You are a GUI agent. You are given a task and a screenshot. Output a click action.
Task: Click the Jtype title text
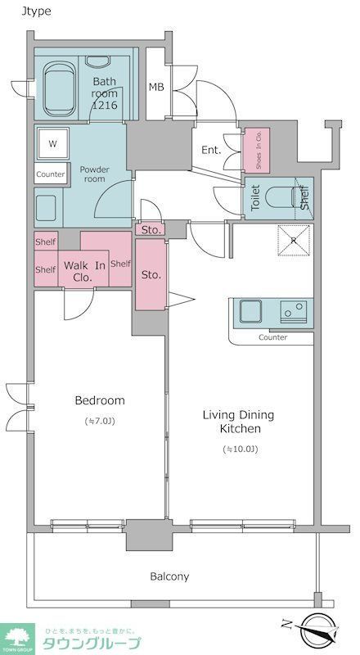coord(36,11)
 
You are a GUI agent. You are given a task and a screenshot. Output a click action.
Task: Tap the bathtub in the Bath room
coord(60,88)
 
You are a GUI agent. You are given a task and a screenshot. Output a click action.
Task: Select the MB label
coord(156,88)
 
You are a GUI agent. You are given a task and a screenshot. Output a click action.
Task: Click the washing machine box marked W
coord(52,144)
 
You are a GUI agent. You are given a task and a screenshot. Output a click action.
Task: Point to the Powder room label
coord(95,174)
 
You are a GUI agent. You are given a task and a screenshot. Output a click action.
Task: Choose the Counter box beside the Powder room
coord(51,174)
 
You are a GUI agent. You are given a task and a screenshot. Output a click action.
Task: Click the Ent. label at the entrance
coord(211,150)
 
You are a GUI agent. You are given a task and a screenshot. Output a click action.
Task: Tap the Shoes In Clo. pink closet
coord(257,151)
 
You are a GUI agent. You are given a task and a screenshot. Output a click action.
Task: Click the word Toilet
coord(255,197)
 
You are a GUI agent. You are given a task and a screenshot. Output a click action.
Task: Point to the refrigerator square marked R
coord(294,240)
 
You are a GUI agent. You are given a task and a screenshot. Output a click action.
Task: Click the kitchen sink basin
coord(250,311)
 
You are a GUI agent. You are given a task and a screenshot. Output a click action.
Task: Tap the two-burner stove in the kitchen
coord(293,311)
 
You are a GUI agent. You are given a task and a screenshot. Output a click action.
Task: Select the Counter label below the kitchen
coord(272,337)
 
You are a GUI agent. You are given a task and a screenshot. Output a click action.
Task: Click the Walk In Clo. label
coord(84,271)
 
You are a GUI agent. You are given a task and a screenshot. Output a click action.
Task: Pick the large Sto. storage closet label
coord(151,275)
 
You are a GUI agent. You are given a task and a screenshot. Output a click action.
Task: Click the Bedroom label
coord(100,400)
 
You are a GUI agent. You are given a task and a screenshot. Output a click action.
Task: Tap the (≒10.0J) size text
coord(241,449)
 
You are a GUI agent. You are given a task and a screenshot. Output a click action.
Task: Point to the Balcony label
coord(169,576)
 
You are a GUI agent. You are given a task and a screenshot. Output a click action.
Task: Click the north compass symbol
coord(319,630)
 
